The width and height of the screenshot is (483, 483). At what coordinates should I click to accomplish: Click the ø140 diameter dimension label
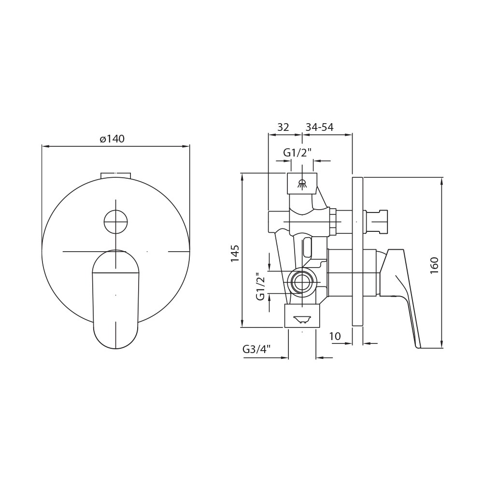(x=112, y=139)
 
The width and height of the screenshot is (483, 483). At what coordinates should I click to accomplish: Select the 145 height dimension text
(x=235, y=253)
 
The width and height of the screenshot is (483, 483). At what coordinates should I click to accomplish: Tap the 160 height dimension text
(x=434, y=266)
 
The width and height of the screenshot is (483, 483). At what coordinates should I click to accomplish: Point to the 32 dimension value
(x=284, y=127)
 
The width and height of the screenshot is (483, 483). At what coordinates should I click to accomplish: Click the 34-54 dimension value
(x=319, y=127)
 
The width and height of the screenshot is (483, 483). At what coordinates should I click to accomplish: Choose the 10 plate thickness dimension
(x=335, y=336)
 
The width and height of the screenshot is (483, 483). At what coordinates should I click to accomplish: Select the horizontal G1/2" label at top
(x=298, y=153)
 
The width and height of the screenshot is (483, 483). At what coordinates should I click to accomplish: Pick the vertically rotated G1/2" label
(x=260, y=286)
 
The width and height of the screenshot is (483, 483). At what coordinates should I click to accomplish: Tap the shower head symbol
(x=302, y=184)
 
